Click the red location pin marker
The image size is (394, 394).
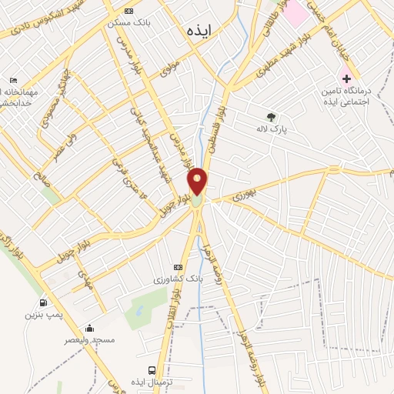point(198,182)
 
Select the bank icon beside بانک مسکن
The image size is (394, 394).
point(128,12)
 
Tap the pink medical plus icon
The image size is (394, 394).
point(346,78)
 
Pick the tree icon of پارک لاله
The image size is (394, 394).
point(270,117)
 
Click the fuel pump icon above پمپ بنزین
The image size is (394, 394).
point(42,302)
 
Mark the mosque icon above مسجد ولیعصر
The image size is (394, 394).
point(90,327)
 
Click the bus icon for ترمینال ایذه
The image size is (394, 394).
point(161,371)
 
